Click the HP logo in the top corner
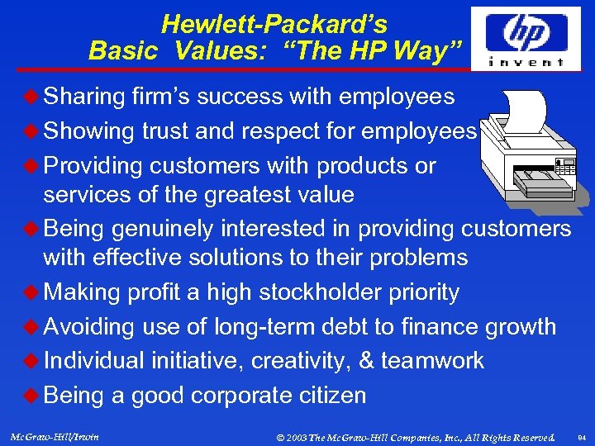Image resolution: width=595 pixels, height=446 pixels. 526,31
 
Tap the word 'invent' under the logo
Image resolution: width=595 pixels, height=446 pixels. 526,61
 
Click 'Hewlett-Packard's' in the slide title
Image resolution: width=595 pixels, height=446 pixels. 274,24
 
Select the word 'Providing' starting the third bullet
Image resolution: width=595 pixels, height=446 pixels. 93,166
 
